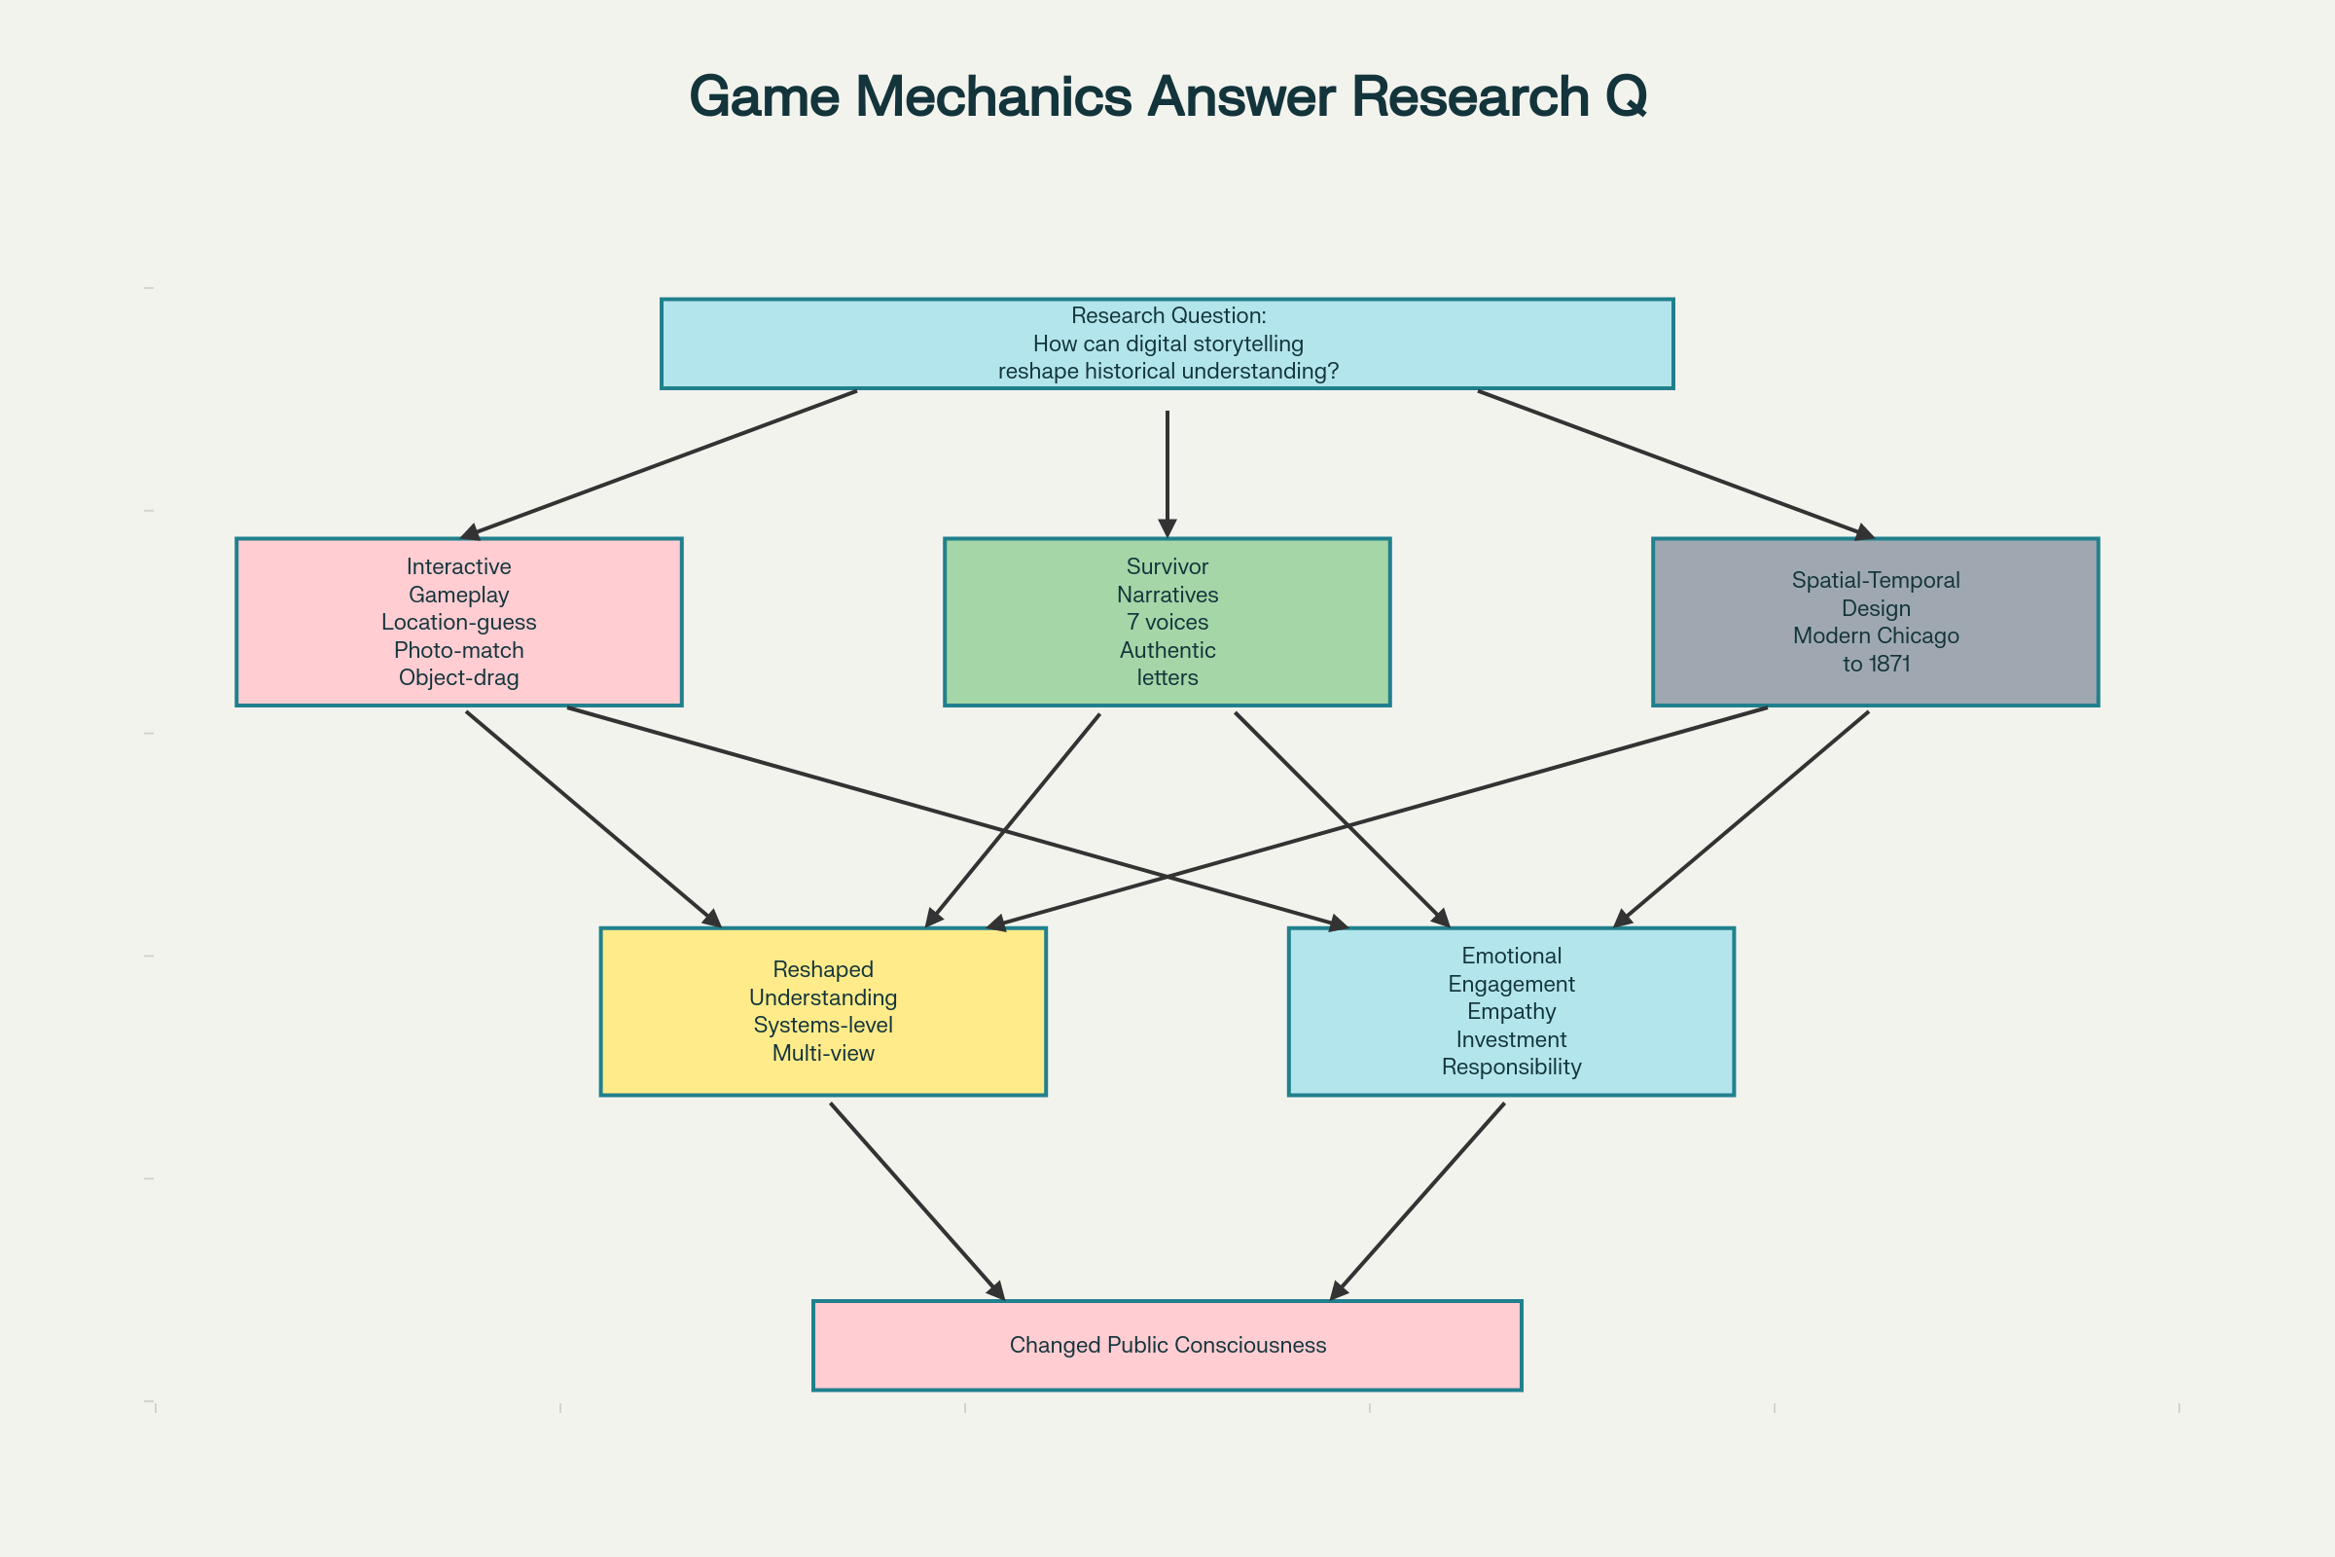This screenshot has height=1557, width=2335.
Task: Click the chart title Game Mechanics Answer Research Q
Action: coord(1167,97)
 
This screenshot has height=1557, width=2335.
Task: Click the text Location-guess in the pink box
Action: coord(458,623)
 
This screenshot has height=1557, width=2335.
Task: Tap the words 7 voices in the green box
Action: coord(1167,623)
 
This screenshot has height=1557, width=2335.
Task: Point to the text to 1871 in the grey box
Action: coord(1876,665)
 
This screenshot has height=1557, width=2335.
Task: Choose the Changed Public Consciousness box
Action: coord(1167,1346)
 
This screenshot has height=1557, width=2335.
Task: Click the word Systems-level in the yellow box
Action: coord(823,1026)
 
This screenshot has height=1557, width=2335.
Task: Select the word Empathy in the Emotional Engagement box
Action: coord(1511,1012)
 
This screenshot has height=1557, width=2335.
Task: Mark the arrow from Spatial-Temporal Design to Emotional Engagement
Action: coord(1742,819)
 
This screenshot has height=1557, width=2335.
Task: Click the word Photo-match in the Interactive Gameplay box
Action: coord(458,650)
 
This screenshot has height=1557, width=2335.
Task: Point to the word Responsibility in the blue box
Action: coord(1511,1068)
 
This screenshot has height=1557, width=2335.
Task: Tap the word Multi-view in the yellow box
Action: coord(823,1054)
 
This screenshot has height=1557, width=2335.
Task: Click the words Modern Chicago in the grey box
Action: coord(1876,636)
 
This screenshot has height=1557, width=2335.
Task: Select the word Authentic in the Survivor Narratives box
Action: coord(1167,650)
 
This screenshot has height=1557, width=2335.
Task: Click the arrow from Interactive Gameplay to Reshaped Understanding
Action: coord(593,819)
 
